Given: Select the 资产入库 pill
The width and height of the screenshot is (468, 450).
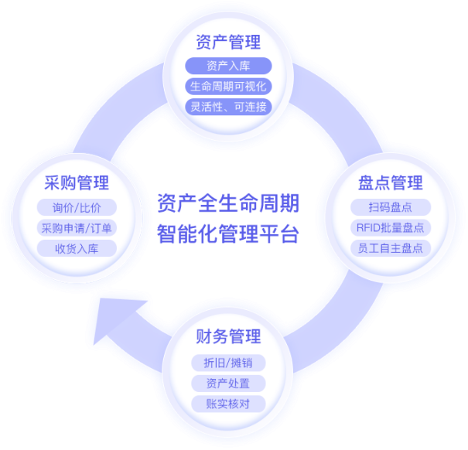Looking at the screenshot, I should click(228, 66).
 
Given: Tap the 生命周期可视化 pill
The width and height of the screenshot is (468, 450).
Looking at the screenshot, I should click(228, 86).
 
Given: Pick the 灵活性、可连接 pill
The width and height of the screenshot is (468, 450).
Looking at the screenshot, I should click(228, 106).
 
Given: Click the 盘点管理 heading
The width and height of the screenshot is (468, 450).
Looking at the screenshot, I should click(391, 183).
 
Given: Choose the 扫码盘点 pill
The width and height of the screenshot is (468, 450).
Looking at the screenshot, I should click(391, 208).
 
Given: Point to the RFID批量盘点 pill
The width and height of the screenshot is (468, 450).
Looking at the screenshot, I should click(391, 228).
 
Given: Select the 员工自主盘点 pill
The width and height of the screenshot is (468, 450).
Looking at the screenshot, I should click(391, 248).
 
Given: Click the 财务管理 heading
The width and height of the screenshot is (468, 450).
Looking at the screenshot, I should click(228, 336).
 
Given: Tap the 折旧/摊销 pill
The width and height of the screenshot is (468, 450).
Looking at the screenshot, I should click(228, 363).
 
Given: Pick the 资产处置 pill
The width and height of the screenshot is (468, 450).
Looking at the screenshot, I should click(228, 383).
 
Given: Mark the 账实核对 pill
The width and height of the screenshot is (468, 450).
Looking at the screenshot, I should click(228, 403).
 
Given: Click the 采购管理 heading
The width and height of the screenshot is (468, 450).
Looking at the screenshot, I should click(77, 183).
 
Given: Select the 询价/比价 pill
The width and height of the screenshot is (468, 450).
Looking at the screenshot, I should click(77, 208).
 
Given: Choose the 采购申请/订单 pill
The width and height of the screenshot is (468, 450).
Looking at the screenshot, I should click(77, 228).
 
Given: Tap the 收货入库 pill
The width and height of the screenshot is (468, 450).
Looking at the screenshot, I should click(77, 248).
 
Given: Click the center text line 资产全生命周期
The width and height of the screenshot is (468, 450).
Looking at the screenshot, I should click(227, 204).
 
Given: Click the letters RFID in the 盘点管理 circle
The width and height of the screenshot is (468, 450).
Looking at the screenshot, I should click(367, 228).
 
